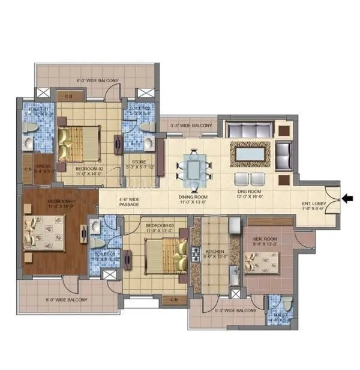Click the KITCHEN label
click(x=215, y=252)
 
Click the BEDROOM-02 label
click(x=89, y=169)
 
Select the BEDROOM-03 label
click(x=160, y=226)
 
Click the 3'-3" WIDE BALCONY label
click(x=191, y=126)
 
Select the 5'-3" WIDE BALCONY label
click(x=235, y=311)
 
